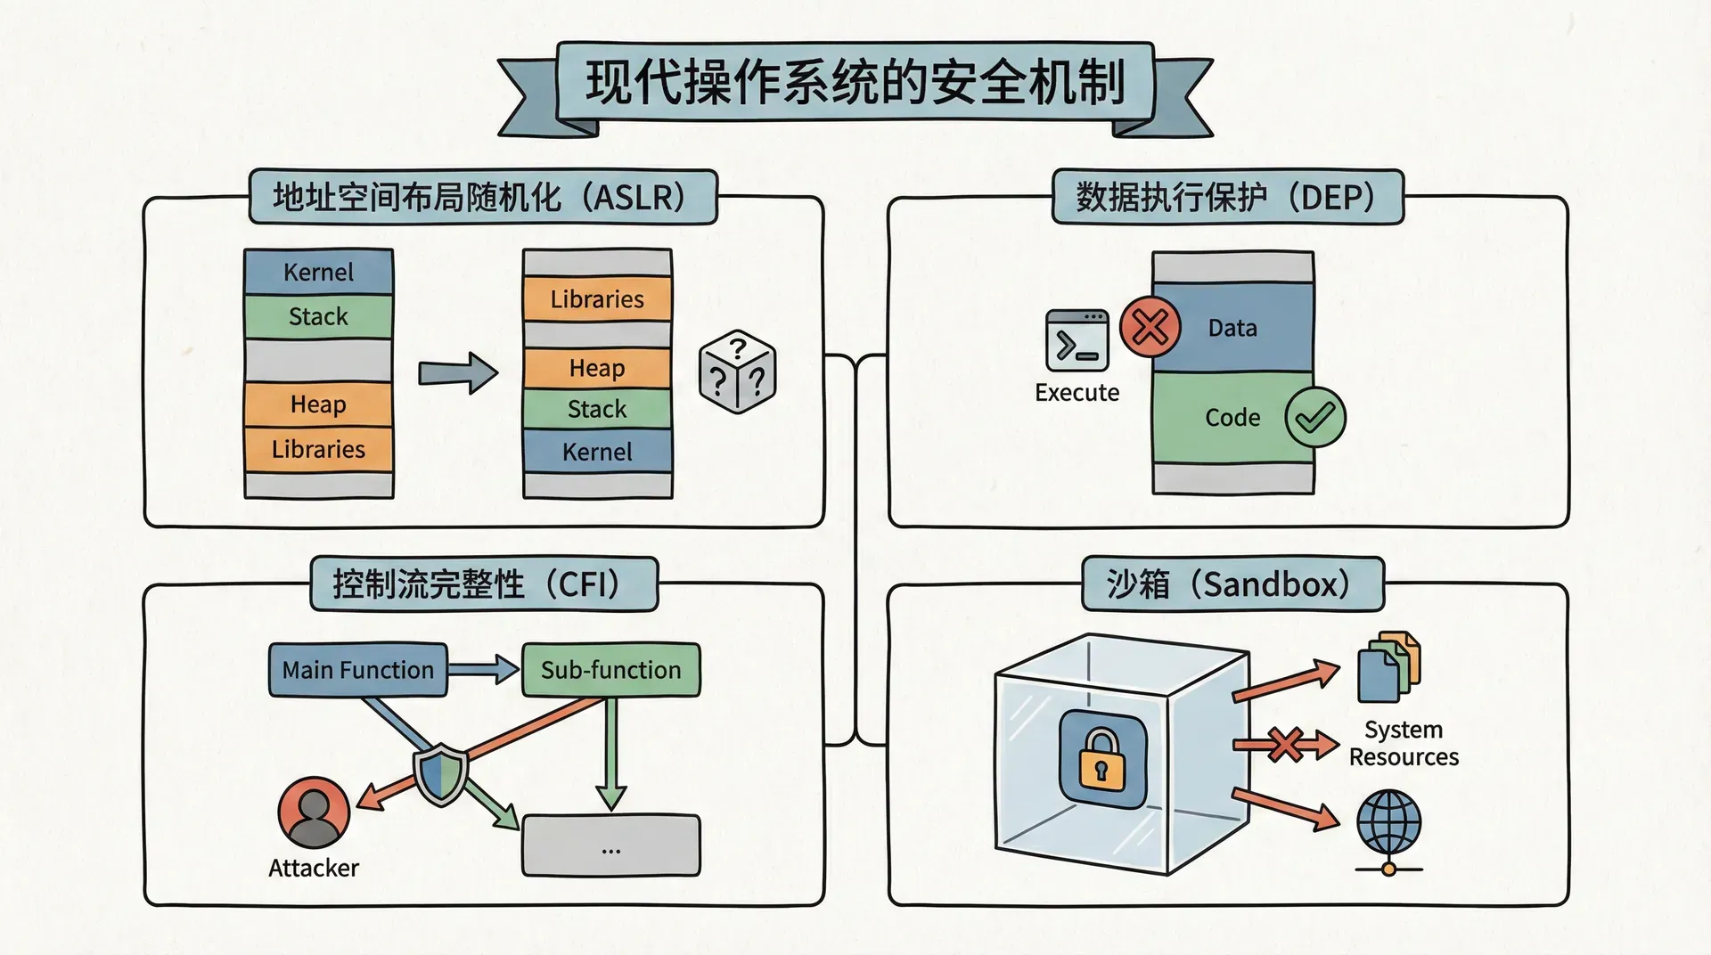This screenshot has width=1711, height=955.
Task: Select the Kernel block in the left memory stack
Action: (x=318, y=272)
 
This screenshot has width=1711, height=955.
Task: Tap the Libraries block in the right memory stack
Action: (x=597, y=299)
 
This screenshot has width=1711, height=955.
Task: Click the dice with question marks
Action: (x=738, y=372)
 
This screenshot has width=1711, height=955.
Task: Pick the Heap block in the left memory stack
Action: (x=318, y=404)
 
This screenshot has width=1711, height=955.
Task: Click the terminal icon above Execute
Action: (x=1077, y=340)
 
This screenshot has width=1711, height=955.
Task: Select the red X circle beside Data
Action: (x=1150, y=328)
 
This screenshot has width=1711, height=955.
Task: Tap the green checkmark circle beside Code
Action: (x=1314, y=417)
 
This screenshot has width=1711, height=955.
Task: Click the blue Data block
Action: (x=1232, y=328)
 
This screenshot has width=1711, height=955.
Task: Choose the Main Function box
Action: (x=357, y=670)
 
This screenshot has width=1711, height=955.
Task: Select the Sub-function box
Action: (x=610, y=670)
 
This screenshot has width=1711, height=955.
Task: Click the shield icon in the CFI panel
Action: (x=441, y=773)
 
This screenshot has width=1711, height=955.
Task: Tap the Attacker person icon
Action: (x=314, y=812)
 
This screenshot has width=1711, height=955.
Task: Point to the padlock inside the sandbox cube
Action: (x=1102, y=759)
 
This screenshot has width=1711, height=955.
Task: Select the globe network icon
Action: (x=1388, y=825)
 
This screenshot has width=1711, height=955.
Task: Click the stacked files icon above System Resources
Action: (x=1388, y=668)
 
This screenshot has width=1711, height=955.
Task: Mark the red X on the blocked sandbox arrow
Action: (x=1286, y=745)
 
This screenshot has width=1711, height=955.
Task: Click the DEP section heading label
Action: (x=1227, y=197)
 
